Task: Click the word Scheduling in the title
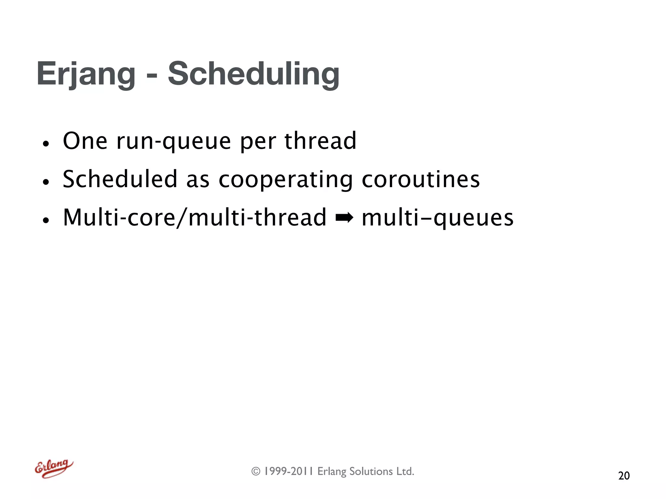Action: pyautogui.click(x=253, y=75)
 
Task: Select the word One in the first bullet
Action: pyautogui.click(x=85, y=141)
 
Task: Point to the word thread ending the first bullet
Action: pyautogui.click(x=320, y=141)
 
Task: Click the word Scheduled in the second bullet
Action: pyautogui.click(x=120, y=179)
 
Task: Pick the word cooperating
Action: pyautogui.click(x=286, y=180)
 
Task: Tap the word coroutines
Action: pyautogui.click(x=420, y=179)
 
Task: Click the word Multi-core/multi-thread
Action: pyautogui.click(x=194, y=218)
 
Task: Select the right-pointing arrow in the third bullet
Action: pyautogui.click(x=344, y=218)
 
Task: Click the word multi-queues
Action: pyautogui.click(x=437, y=218)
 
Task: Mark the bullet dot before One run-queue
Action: pyautogui.click(x=46, y=144)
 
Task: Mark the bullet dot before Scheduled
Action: pyautogui.click(x=46, y=182)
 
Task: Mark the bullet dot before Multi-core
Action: pyautogui.click(x=46, y=220)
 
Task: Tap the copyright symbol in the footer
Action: pyautogui.click(x=256, y=471)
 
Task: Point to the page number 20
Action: pyautogui.click(x=624, y=476)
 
